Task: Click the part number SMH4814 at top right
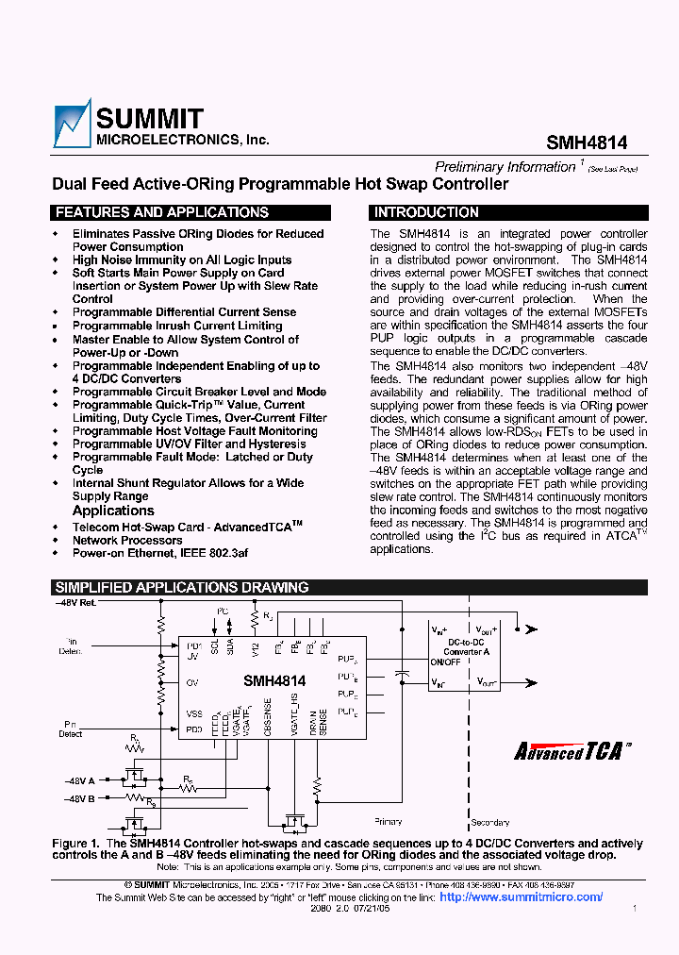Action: tap(587, 142)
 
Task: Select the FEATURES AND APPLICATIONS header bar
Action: tap(161, 213)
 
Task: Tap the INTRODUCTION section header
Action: tap(426, 213)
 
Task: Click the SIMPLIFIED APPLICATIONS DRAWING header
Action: tap(181, 588)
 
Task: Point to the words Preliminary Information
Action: tap(505, 167)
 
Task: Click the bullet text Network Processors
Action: tap(127, 541)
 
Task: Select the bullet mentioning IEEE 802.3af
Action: tap(160, 554)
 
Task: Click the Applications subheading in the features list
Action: tap(113, 511)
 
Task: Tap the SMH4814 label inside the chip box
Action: tap(274, 680)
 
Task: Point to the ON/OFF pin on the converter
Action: tap(445, 662)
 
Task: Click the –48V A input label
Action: tap(79, 780)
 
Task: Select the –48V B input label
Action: tap(79, 799)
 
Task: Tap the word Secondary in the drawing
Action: tap(489, 822)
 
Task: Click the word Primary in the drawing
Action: tap(388, 822)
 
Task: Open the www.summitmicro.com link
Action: tap(522, 897)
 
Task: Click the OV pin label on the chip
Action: tap(192, 681)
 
